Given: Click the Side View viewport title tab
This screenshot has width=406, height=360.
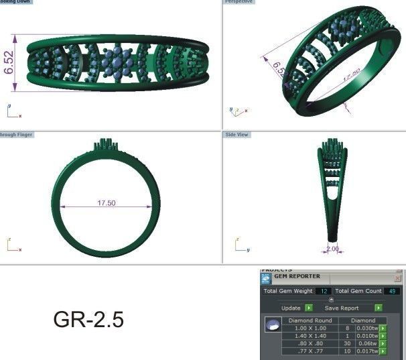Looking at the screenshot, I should (x=237, y=135).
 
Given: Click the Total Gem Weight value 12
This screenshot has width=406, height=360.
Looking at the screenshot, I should (x=324, y=292).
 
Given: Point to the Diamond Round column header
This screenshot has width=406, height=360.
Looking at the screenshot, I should (x=310, y=321).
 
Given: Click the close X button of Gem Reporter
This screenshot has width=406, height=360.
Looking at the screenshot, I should (x=397, y=277).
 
